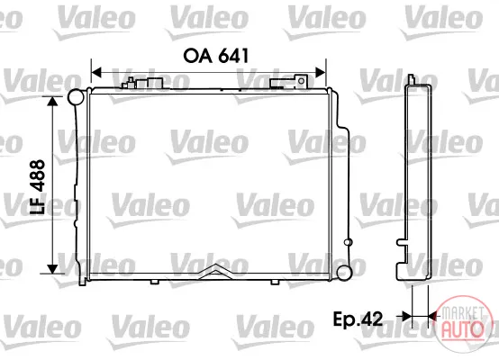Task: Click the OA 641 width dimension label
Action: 215,56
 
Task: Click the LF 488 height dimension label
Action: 37,186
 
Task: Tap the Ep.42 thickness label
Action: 358,319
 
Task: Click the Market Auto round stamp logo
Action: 462,323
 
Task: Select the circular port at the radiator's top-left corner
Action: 77,97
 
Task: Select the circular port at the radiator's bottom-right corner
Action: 344,273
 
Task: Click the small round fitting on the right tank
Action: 348,242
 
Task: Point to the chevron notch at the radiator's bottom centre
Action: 216,271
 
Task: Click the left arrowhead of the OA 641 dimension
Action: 95,73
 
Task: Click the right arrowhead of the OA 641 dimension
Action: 321,73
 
